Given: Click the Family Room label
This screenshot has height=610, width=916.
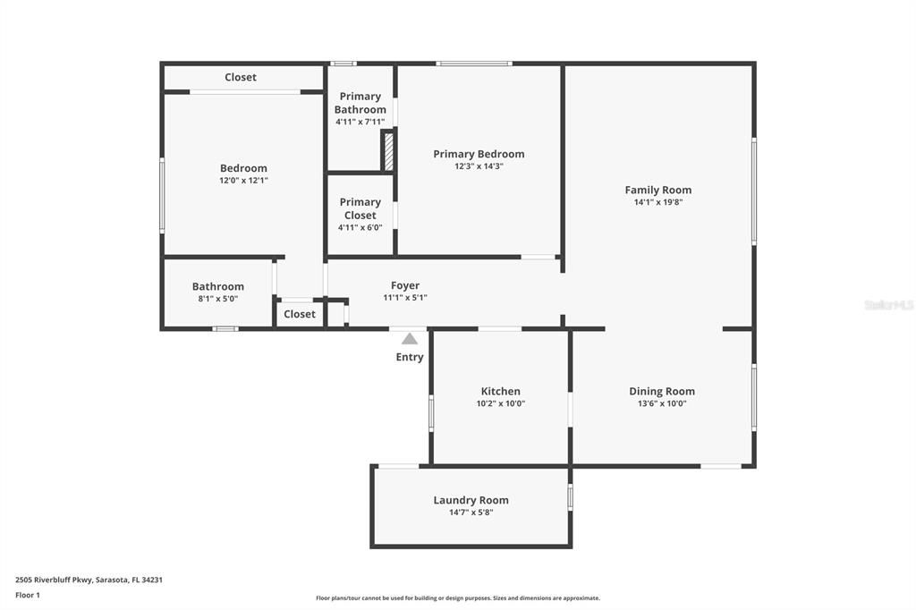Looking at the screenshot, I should point(657,190).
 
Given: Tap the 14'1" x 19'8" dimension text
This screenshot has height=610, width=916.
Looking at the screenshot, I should point(657,202).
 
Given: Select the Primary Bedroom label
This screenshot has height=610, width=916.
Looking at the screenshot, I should point(479,154).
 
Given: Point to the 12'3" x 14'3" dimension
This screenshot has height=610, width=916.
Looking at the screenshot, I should point(479,166).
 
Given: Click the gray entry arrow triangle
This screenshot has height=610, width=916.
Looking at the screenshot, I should point(410,338).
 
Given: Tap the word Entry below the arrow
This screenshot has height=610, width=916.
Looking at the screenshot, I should point(410,358).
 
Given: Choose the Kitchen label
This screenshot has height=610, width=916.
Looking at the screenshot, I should point(500,391).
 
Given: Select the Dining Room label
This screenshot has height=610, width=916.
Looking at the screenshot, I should point(661,391).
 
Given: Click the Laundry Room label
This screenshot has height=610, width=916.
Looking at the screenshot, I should point(471,500).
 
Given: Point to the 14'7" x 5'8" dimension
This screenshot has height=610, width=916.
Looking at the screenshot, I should point(471,513).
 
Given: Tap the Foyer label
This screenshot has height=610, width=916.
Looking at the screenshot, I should point(405,285).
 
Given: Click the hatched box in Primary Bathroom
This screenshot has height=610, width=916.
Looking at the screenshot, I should point(388,151).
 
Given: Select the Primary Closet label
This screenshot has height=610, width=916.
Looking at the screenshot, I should point(360,208).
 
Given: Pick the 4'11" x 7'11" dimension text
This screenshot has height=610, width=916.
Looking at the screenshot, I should point(360,122).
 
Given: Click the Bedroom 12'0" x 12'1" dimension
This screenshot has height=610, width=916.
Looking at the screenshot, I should point(243,181).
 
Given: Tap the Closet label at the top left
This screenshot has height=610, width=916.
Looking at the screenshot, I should point(240,78).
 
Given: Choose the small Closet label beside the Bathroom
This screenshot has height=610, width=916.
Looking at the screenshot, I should point(299,314).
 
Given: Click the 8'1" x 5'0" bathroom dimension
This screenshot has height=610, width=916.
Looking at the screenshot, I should point(217,300).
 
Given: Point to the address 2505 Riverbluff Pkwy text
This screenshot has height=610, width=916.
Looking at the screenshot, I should point(89,580).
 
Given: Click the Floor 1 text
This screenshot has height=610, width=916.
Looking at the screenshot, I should point(28,595).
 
